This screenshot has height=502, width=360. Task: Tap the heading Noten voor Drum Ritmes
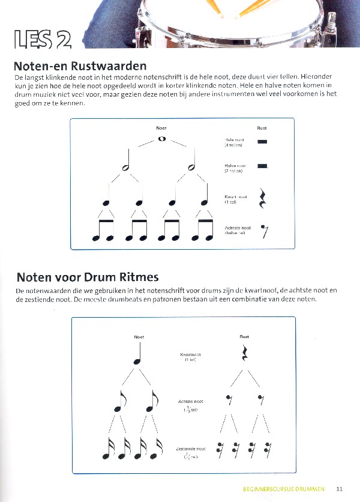(87, 277)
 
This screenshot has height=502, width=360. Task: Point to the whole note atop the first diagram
(161, 139)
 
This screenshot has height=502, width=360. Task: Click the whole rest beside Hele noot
(262, 142)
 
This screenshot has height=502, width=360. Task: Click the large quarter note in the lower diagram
(136, 354)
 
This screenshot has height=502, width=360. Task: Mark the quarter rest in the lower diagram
(244, 354)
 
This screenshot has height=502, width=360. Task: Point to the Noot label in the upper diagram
(161, 128)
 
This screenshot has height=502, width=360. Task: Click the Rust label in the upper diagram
(262, 128)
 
